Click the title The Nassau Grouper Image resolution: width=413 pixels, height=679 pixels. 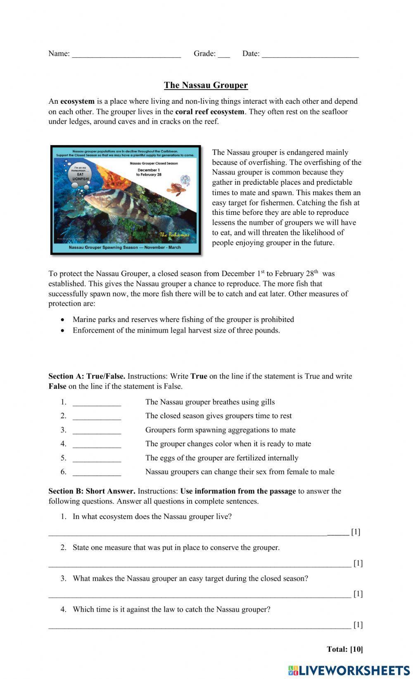pos(206,85)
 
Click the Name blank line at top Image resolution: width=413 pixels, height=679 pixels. pos(126,54)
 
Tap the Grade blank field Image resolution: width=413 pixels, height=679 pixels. pos(223,54)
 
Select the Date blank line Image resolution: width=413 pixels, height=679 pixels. pos(310,54)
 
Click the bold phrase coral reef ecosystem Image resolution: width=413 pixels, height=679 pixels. pos(209,112)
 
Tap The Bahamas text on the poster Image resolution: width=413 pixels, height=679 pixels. pos(174,235)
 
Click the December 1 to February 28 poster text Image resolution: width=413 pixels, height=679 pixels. pos(148,172)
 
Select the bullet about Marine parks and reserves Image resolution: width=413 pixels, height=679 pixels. pos(183,319)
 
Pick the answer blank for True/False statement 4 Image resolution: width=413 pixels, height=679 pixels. pos(97,445)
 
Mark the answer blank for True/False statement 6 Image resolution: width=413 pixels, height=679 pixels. pos(97,473)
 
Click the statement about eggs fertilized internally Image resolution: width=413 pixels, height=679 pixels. pos(221,458)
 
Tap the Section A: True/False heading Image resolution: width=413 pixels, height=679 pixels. pos(87,376)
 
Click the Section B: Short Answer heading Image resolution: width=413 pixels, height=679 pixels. pos(92,491)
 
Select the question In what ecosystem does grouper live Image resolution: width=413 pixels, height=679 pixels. pos(152,517)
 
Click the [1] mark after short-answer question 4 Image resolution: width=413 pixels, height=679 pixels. pos(358,624)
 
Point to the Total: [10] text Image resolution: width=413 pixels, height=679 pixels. pos(344,649)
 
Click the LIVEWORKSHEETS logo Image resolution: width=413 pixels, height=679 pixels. pos(349,670)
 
